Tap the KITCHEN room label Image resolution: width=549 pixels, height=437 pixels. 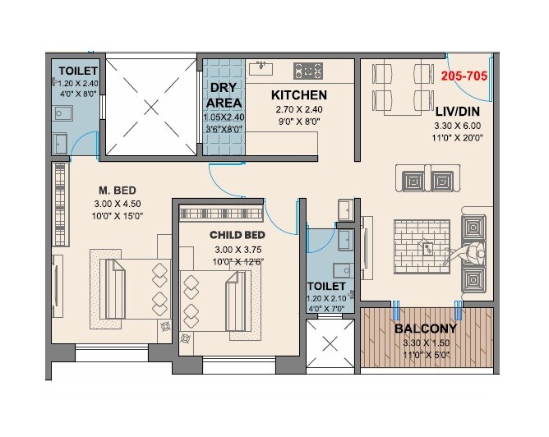299,95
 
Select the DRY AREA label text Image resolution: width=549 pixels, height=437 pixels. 225,95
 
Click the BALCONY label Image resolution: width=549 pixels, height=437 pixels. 426,329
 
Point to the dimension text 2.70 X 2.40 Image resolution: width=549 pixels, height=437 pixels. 299,109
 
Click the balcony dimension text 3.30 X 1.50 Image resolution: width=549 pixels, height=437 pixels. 426,343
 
